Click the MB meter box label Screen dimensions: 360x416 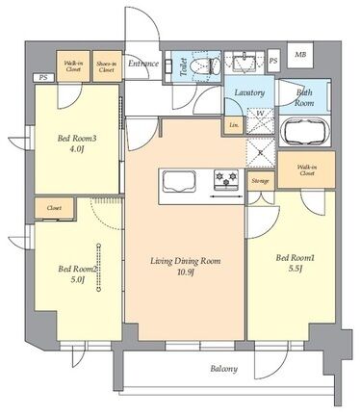click(300, 54)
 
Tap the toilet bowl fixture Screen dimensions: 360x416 click(205, 65)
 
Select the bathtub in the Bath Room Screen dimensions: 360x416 click(305, 132)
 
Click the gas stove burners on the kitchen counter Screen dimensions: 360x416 click(226, 178)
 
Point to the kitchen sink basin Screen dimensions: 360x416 click(179, 182)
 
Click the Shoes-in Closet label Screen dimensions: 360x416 click(107, 66)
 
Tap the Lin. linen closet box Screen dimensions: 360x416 click(234, 125)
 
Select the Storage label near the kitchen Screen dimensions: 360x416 click(260, 181)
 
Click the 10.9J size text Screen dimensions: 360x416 click(186, 273)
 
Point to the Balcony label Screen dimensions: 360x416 click(224, 369)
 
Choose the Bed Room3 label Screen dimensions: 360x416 click(77, 139)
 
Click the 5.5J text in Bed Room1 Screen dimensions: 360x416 click(295, 269)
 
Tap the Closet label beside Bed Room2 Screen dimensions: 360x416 click(54, 208)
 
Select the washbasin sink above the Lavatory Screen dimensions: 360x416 click(244, 63)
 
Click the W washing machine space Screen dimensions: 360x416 click(260, 120)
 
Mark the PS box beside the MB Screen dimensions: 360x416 click(273, 61)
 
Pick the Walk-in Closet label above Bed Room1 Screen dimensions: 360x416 click(307, 170)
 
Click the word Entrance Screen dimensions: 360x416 click(143, 64)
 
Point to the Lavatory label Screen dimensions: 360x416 click(249, 92)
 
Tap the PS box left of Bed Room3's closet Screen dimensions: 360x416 click(43, 77)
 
